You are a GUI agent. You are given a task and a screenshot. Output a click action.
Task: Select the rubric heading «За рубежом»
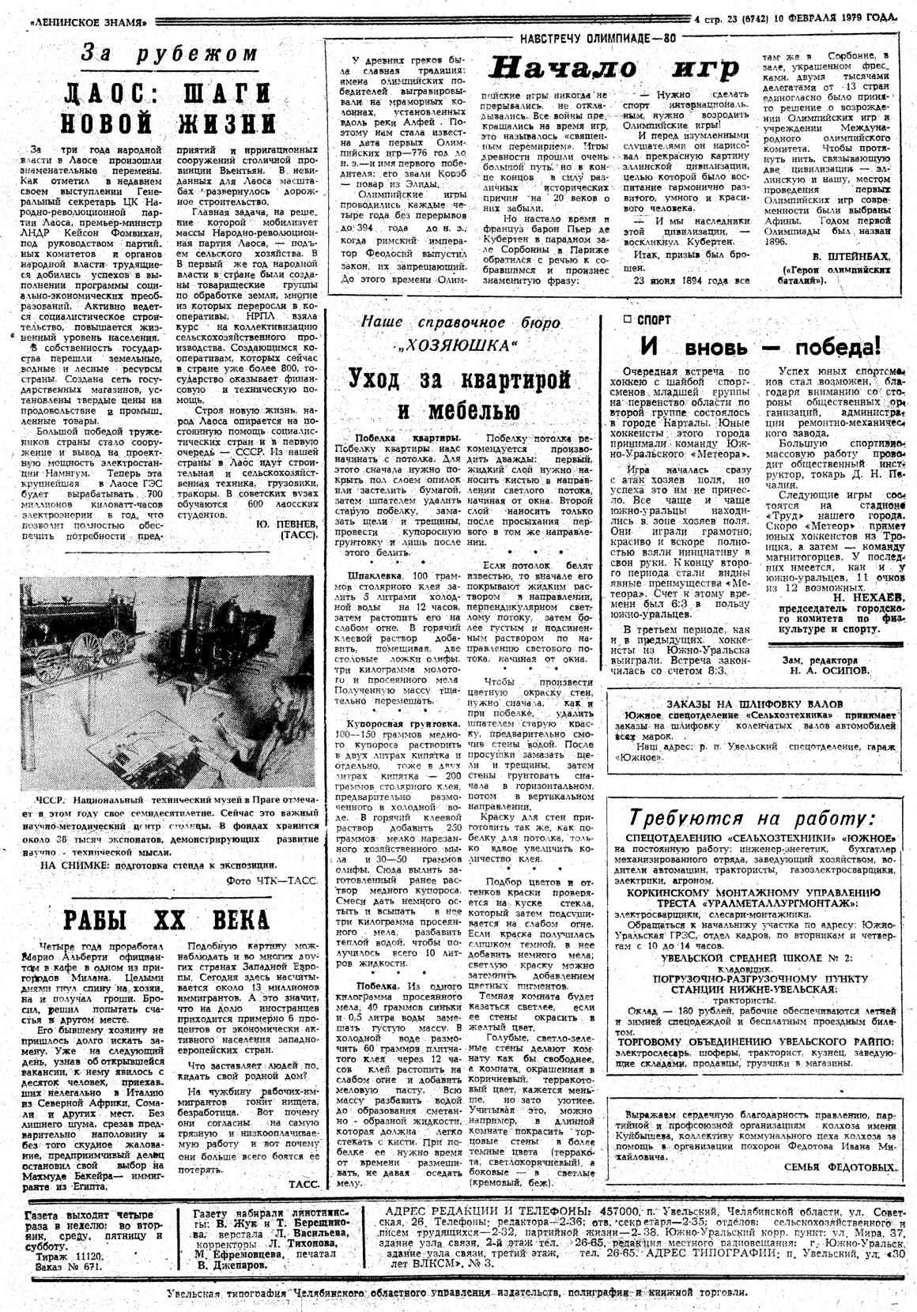(x=171, y=55)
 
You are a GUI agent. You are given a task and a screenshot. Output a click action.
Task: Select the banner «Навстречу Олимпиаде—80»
(x=598, y=37)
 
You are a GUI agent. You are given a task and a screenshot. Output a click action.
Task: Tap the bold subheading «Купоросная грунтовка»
(x=397, y=723)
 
